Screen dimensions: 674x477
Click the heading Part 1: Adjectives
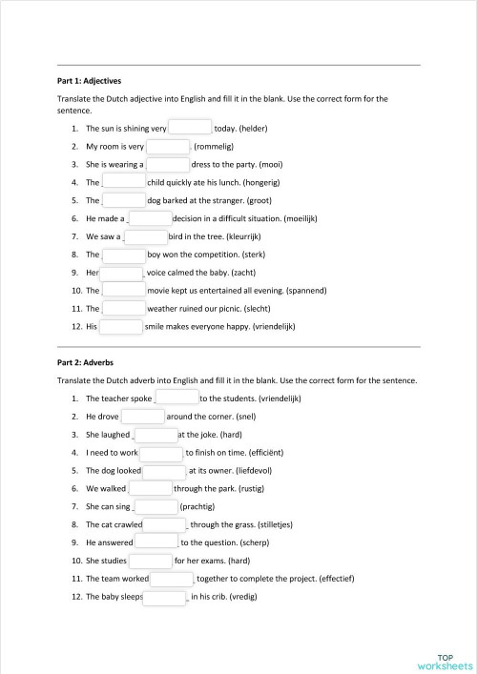(89, 81)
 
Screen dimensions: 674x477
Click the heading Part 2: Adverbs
(85, 362)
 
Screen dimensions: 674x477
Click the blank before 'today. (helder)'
(191, 128)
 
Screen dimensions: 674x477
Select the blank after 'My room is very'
(169, 147)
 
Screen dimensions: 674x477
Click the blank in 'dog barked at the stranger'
(124, 200)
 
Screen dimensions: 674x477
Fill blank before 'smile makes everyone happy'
(121, 327)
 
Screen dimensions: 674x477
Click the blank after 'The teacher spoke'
(176, 398)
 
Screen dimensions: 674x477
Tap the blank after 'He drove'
(143, 417)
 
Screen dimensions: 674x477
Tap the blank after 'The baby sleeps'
(165, 599)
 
